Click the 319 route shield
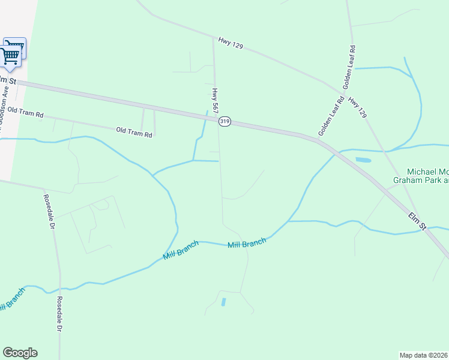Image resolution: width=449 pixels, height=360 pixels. point(224,121)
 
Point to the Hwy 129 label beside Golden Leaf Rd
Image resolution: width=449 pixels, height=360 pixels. point(357,106)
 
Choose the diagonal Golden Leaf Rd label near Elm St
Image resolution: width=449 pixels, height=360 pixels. point(331,116)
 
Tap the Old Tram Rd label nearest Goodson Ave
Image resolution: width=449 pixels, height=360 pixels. point(23,113)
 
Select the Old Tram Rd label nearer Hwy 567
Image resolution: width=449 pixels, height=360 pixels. point(134,131)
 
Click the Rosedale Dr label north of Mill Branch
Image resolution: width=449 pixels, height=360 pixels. point(49,212)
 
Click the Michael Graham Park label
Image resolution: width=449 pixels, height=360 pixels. point(420,175)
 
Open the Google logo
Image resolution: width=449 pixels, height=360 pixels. point(20,353)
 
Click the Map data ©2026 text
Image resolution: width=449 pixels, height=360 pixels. point(424,355)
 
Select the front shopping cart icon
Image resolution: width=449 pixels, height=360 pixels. point(10,56)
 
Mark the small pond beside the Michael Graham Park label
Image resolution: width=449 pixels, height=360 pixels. point(363,160)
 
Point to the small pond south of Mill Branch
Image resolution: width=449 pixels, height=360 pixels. point(224,302)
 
